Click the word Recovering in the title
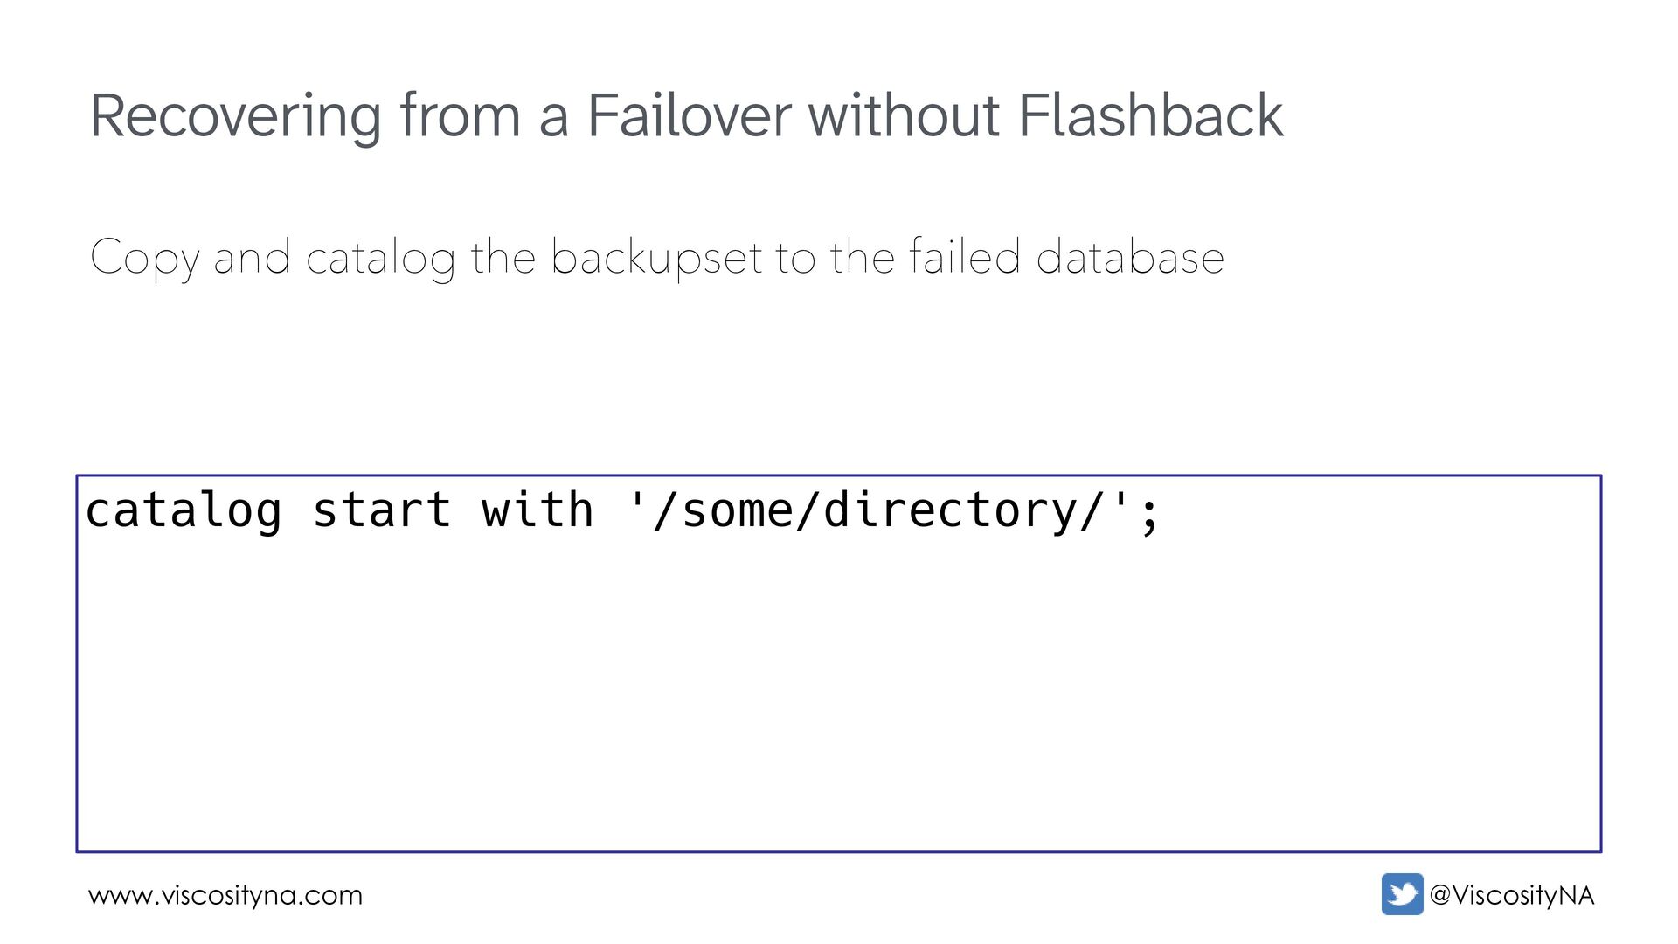pyautogui.click(x=235, y=117)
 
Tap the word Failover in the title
pyautogui.click(x=688, y=115)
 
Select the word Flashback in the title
pyautogui.click(x=1151, y=115)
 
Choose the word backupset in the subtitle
pyautogui.click(x=656, y=259)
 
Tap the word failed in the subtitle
pyautogui.click(x=964, y=257)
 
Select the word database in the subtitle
pyautogui.click(x=1129, y=257)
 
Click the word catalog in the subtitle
pyautogui.click(x=380, y=259)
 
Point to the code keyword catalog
pyautogui.click(x=184, y=510)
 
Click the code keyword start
pyautogui.click(x=382, y=510)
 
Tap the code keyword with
pyautogui.click(x=537, y=510)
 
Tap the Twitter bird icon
pyautogui.click(x=1402, y=894)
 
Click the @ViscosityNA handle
pyautogui.click(x=1512, y=895)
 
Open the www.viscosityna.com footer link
pyautogui.click(x=225, y=896)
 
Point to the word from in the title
pyautogui.click(x=460, y=117)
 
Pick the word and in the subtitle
pyautogui.click(x=252, y=257)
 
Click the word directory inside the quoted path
pyautogui.click(x=951, y=510)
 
